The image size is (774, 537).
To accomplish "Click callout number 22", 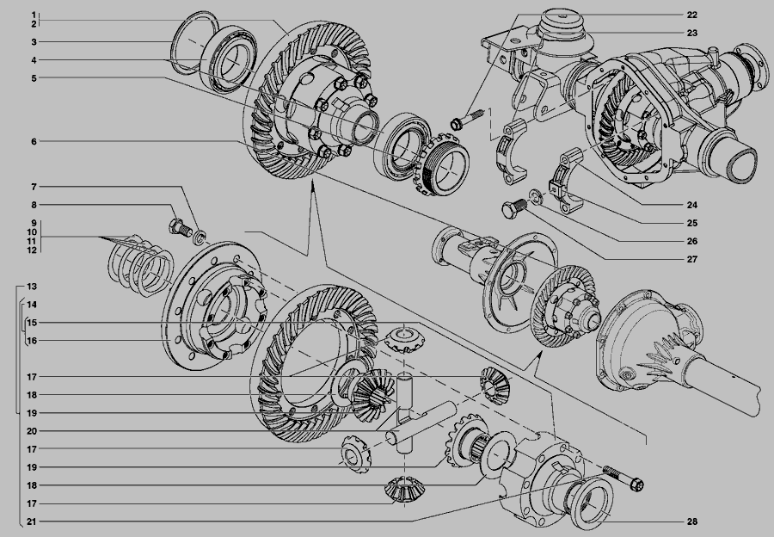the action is (692, 15).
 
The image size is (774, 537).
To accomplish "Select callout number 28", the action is (692, 522).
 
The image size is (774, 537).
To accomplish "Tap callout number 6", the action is (34, 142).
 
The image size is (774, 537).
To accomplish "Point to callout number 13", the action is (32, 287).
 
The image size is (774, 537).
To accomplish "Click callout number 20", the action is (32, 431).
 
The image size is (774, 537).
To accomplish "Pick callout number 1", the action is (34, 15).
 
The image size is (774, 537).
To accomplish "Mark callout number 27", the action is (692, 259).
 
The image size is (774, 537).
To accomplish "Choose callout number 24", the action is (692, 205).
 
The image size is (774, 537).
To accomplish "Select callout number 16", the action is (32, 341).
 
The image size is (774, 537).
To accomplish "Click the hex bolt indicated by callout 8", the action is (180, 228).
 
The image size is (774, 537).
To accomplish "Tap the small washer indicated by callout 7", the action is (200, 238).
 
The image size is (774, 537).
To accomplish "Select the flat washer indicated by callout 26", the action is (536, 196).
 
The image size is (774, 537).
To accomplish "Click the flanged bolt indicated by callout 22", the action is (465, 119).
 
